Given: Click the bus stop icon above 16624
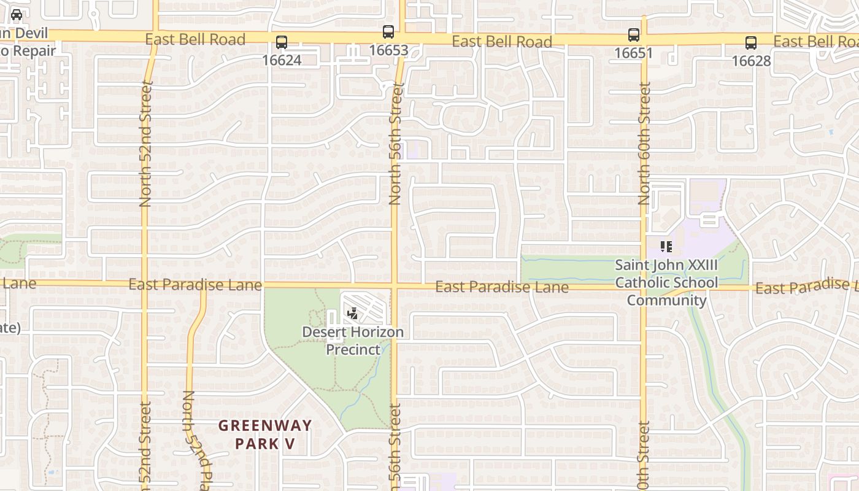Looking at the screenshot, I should coord(281,42).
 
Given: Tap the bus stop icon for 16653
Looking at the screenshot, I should coord(388,32).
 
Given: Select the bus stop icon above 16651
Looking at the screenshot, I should coord(634,35).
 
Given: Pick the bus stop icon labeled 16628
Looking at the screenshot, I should coord(751,42).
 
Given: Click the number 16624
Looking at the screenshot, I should coord(282,60).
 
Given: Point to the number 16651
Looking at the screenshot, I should coord(634,53).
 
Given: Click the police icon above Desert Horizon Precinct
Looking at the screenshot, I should coord(352,314).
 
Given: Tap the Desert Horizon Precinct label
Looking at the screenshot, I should coord(353,341).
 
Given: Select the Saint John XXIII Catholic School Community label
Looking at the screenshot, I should coord(666,283).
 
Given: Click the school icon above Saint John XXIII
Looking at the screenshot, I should coord(666,247).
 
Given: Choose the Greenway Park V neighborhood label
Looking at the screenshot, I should coord(265,434).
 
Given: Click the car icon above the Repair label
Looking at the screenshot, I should coord(17,14).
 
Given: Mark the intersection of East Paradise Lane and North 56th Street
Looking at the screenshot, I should coord(395,286).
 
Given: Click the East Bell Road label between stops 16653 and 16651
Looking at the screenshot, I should coord(502,41).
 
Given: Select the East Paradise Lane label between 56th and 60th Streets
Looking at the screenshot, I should coord(502,287).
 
